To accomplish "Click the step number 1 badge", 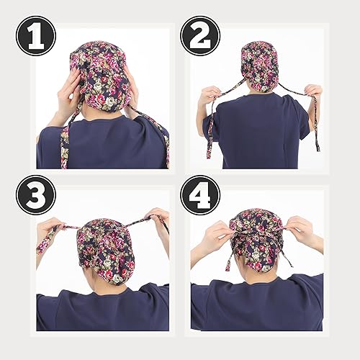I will (36, 35).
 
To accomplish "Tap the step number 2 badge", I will (199, 35).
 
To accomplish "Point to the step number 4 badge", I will (200, 195).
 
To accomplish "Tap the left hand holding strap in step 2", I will (211, 94).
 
